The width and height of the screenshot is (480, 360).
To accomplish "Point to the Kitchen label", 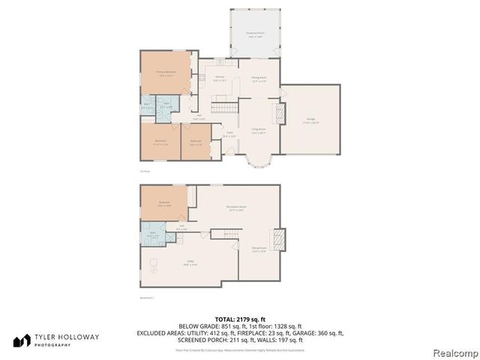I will tap(220, 79).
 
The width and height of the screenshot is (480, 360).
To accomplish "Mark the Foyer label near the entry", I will tap(229, 136).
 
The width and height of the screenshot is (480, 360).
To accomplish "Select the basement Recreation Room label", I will tap(237, 208).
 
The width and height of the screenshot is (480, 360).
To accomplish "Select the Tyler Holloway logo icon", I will tap(22, 340).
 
